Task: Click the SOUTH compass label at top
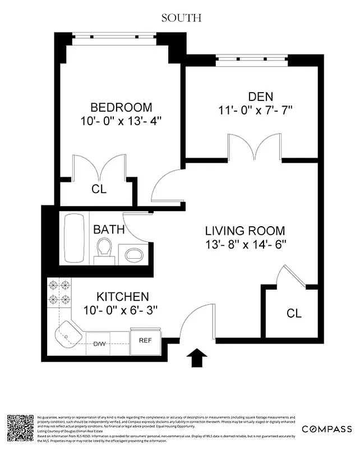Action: coord(181,17)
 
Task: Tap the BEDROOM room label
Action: coord(121,107)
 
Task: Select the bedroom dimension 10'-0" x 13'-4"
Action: coord(121,120)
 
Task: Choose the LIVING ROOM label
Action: coord(244,231)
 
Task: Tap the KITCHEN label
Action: coord(123,296)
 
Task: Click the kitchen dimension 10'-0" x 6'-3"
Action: coord(121,309)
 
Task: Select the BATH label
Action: coord(105,230)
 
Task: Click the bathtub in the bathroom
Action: coord(72,237)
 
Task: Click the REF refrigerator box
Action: coord(145,341)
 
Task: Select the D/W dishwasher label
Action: coord(100,343)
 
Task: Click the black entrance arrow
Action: coord(198,358)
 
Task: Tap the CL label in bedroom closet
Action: coord(99,190)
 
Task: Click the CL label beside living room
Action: coord(294,313)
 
